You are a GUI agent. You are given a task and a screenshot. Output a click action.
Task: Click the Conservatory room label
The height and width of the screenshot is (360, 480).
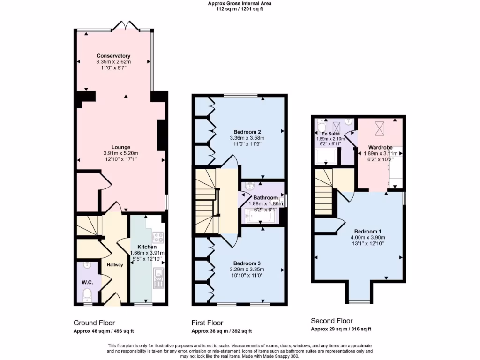click(x=113, y=56)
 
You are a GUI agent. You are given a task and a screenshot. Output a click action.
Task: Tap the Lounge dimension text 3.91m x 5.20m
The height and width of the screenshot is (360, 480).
click(x=120, y=153)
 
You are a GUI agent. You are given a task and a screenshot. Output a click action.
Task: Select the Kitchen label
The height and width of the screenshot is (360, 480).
click(x=147, y=247)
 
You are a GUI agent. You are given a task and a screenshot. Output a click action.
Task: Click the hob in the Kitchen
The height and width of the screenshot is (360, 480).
click(x=158, y=237)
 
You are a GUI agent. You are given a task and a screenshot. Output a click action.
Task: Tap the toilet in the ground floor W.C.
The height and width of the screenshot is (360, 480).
click(x=86, y=294)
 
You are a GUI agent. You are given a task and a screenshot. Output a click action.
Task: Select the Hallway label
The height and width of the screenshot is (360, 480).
click(x=115, y=265)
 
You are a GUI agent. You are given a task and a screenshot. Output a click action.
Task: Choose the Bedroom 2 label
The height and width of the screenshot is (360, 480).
click(x=247, y=132)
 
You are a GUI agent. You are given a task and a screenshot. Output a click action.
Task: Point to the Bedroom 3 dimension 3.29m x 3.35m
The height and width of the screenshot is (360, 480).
click(x=247, y=269)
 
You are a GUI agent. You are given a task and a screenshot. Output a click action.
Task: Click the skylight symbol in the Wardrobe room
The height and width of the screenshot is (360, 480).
click(x=379, y=127)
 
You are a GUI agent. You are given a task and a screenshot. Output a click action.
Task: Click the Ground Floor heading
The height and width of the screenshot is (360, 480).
click(x=94, y=322)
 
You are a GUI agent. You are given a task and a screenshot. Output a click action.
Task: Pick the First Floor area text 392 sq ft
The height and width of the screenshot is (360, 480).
click(x=240, y=331)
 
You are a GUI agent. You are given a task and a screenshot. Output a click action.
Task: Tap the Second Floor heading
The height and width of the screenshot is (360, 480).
click(x=331, y=321)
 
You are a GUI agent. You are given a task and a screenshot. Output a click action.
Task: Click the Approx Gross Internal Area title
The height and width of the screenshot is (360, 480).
click(x=240, y=3)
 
